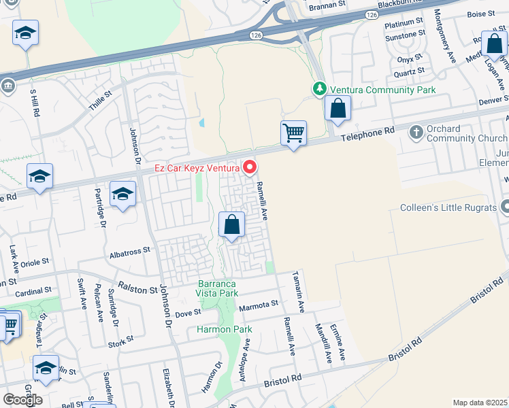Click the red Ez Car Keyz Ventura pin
click(250, 167)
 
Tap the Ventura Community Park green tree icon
click(319, 89)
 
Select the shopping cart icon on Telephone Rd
click(293, 133)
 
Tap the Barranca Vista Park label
click(218, 288)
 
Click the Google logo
click(22, 399)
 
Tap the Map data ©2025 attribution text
click(480, 403)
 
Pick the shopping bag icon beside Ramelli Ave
click(232, 224)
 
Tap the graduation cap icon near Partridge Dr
click(122, 194)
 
